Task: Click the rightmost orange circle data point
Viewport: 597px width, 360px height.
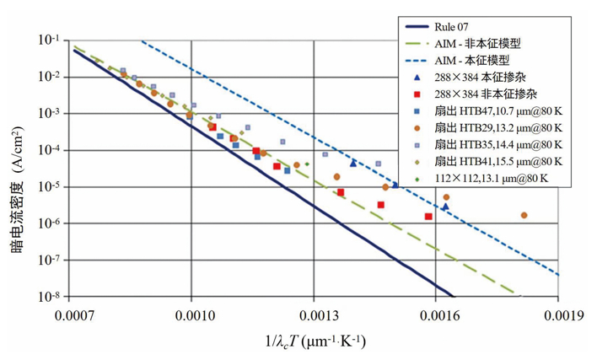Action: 524,215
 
